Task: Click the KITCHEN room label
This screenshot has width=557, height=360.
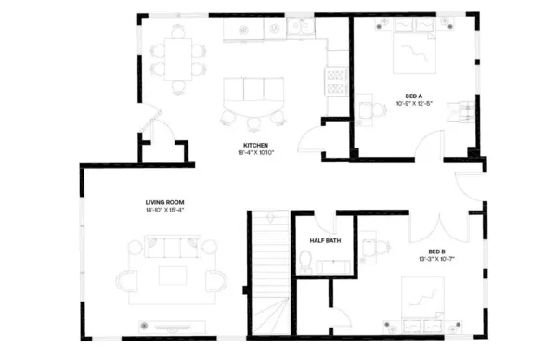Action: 256,146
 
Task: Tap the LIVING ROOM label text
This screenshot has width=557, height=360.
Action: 164,202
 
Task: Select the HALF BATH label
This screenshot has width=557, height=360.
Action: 326,240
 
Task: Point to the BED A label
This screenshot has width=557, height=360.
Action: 415,95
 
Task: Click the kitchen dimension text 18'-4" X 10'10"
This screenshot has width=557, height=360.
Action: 256,153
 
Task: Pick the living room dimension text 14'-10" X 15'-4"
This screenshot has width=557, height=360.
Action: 164,210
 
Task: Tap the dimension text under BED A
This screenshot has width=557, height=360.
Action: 415,102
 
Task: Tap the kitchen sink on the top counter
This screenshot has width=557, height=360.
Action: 300,28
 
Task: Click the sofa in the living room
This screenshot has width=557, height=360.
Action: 172,248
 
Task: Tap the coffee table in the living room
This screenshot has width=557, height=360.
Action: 172,276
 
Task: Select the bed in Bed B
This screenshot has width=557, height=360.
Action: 423,300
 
